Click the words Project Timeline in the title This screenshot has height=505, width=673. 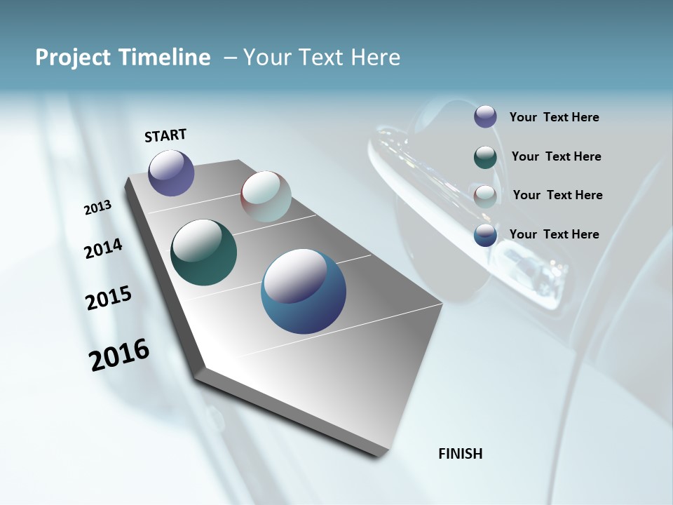(123, 58)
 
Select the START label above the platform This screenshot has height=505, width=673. (165, 135)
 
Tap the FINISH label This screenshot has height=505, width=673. (461, 454)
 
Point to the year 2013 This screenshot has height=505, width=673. (98, 208)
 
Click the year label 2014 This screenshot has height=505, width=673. (104, 249)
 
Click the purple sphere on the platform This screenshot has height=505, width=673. (171, 173)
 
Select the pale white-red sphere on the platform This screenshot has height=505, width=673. (266, 196)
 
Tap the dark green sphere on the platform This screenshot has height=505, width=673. (203, 252)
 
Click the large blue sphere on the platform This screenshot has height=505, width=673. (304, 291)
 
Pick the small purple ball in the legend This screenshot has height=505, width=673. (485, 116)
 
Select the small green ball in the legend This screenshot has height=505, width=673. (485, 156)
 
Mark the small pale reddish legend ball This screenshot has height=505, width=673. (485, 196)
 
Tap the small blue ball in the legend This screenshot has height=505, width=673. (485, 235)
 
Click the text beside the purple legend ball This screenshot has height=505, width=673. (554, 117)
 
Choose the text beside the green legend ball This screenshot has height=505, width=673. (556, 156)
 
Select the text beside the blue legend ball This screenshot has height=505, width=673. (554, 234)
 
